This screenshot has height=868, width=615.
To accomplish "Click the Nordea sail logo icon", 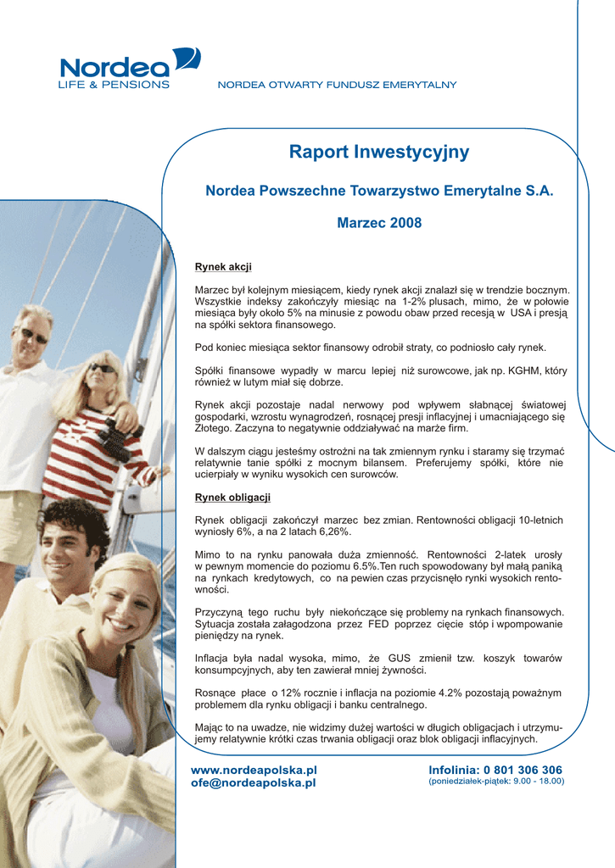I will point(187,59).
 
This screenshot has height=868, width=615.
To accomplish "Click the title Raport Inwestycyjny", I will point(378,153).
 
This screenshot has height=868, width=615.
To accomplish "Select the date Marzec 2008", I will point(379,224).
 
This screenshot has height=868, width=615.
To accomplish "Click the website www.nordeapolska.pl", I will point(254,770).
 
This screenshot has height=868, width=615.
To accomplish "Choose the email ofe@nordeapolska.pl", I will point(253,782).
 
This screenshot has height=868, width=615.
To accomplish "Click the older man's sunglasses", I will point(34,336).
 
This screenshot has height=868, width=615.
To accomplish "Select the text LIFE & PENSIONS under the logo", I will point(113,85).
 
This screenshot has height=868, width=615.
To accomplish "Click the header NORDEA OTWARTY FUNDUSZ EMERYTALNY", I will point(338,85).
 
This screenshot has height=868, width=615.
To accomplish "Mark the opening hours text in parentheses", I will point(496,782).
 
